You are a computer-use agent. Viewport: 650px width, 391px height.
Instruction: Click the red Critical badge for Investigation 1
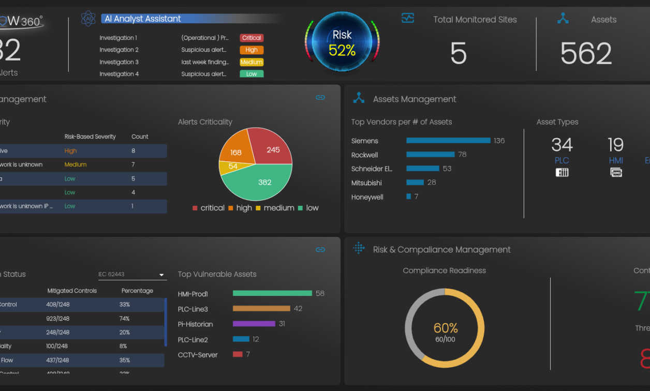[252, 38]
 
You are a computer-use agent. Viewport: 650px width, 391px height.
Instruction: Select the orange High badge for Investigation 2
[252, 50]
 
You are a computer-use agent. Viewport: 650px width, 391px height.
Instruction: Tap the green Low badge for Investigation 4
[252, 74]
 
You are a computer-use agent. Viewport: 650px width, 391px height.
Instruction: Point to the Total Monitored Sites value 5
[458, 54]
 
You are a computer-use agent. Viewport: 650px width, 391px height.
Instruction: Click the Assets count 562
[586, 54]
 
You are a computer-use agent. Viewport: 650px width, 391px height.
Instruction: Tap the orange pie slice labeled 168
[235, 150]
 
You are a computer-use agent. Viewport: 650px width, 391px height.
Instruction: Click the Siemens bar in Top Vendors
[448, 141]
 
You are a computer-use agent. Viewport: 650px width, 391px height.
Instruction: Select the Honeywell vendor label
[367, 197]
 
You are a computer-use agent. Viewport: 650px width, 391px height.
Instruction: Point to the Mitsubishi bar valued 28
[415, 183]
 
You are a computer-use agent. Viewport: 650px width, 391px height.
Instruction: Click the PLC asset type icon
[562, 172]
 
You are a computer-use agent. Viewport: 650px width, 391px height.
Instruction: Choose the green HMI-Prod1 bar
[273, 293]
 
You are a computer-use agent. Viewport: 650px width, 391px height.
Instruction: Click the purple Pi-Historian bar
[254, 324]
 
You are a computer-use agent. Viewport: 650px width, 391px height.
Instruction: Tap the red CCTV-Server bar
[238, 354]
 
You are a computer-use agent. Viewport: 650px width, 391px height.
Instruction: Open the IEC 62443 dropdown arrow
[161, 275]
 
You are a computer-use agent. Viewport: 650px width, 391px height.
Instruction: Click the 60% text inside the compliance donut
[446, 328]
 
